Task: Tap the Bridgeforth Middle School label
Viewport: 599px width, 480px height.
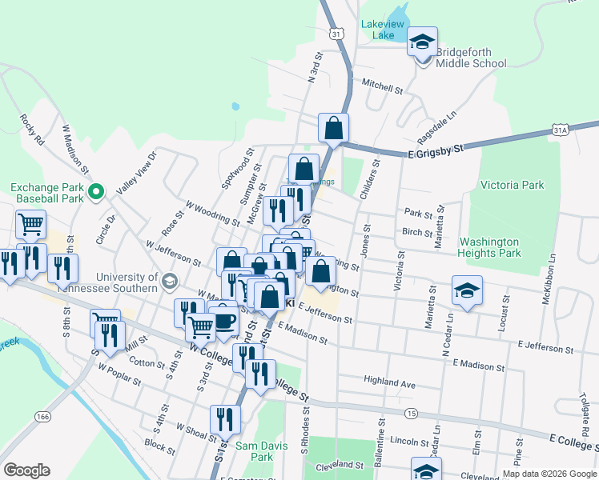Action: point(471,58)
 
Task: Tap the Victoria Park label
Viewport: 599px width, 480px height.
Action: point(512,185)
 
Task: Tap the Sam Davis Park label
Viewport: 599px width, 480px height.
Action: point(254,451)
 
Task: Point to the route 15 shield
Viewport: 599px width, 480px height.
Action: point(411,413)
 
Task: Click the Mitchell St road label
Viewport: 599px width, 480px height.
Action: point(381,86)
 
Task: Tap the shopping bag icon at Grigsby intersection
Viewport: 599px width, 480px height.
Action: point(333,127)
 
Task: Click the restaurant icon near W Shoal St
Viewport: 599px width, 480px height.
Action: point(225,419)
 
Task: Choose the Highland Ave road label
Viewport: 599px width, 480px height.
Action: point(389,383)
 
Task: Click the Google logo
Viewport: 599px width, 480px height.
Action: point(26,470)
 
